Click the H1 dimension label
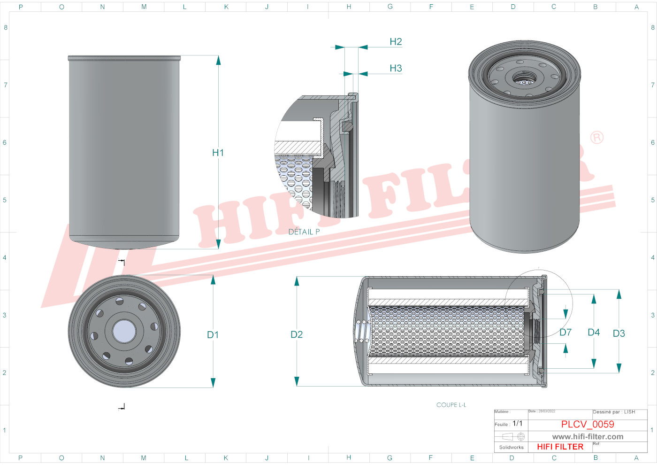tap(218, 153)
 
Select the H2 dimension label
tap(396, 42)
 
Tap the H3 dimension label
tap(396, 69)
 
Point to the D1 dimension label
tap(213, 335)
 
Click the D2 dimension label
tap(297, 334)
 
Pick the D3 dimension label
tap(619, 333)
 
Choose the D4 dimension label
tap(594, 333)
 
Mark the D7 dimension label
tap(565, 333)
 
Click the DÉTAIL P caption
tap(304, 232)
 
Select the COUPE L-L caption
tap(451, 405)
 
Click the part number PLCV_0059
tap(588, 424)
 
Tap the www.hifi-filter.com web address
tap(588, 437)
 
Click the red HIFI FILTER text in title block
tap(560, 447)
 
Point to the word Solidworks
tap(511, 448)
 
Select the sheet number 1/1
tap(517, 424)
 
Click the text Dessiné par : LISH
tap(614, 412)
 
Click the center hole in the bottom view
tap(124, 331)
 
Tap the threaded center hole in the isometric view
tap(524, 78)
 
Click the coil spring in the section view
tap(361, 331)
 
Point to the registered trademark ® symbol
tap(596, 138)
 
